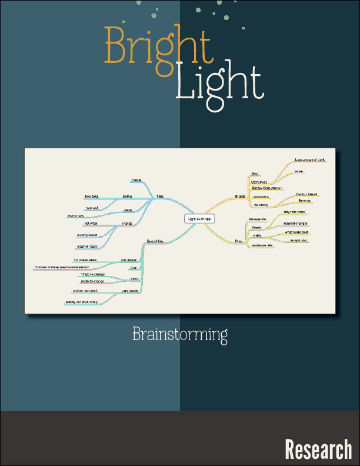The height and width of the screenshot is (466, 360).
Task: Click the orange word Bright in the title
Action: coord(157,45)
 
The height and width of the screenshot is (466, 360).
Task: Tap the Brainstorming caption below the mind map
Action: coord(180,335)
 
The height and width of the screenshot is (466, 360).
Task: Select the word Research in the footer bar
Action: coord(318,450)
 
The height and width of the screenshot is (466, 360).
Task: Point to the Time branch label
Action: coord(160,196)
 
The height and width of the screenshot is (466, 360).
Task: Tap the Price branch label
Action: coord(238,241)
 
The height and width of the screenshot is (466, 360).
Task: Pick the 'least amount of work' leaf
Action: coord(309,160)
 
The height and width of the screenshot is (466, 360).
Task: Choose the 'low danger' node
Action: coord(129,259)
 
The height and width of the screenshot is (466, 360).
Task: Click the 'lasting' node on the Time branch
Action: coord(127,196)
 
